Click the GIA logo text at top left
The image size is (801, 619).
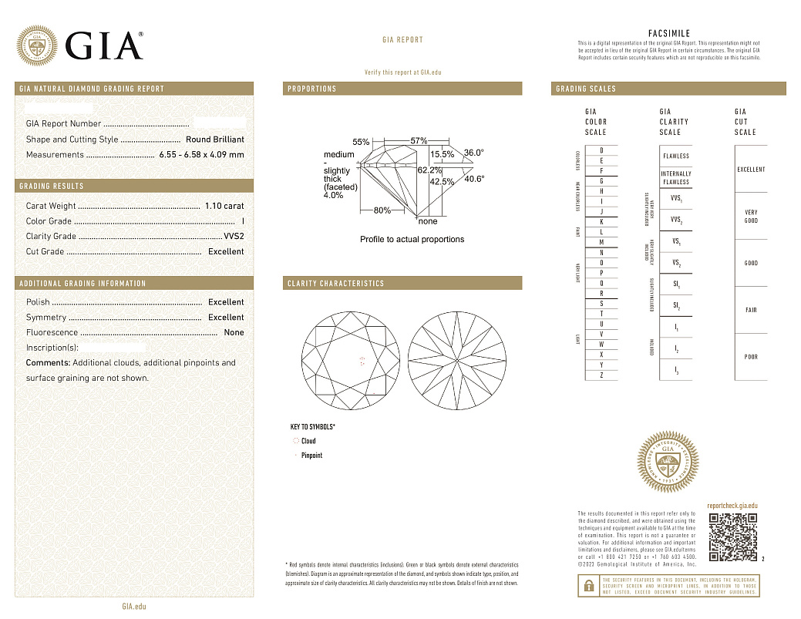coord(104,45)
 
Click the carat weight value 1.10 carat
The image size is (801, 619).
coord(224,206)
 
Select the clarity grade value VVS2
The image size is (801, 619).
coord(234,237)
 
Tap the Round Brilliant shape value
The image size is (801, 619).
coord(215,140)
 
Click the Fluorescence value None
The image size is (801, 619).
coord(234,333)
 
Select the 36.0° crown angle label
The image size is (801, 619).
coord(473,153)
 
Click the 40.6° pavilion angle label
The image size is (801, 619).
coord(474,179)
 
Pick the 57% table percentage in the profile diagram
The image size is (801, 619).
coord(419,141)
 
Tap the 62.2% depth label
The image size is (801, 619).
coord(429,170)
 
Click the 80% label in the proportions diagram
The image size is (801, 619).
coord(382,210)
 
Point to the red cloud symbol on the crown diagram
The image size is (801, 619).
coord(362,360)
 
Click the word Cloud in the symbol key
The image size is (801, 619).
coord(308,441)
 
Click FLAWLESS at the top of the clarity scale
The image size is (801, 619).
coord(676,156)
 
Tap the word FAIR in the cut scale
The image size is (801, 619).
coord(751,310)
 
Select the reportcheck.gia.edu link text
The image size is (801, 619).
coord(732,504)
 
